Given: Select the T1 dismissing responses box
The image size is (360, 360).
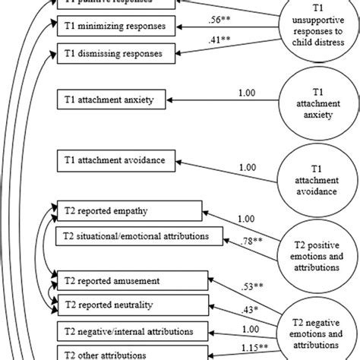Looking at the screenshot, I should [114, 53].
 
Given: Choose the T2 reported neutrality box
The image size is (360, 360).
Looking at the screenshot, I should [129, 305].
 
